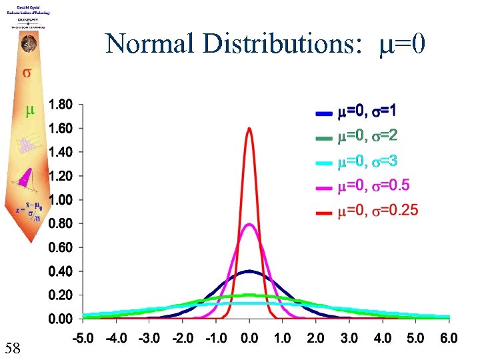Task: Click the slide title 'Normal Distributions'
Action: pos(265,44)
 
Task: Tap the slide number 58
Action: pos(15,347)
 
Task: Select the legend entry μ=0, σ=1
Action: pos(367,111)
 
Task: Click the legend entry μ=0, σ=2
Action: pos(367,137)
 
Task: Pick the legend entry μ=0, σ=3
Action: pos(367,162)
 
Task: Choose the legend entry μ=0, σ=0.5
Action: pos(373,187)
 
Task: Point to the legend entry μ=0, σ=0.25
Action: pos(377,211)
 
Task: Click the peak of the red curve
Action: pos(249,129)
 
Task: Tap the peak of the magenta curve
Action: pos(249,225)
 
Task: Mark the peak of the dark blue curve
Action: pos(249,271)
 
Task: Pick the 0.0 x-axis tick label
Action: pos(249,339)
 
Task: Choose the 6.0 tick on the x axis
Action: pos(449,339)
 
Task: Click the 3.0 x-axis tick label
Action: pos(349,339)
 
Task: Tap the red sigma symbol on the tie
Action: pos(27,73)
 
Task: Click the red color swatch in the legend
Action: pos(324,213)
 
